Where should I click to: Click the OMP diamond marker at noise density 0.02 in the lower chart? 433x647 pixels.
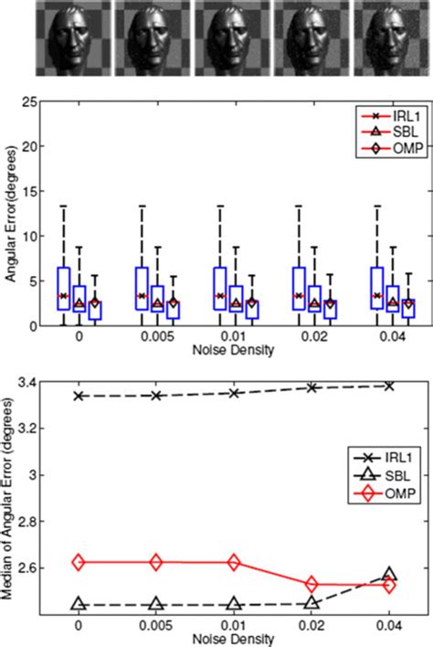[x=312, y=584]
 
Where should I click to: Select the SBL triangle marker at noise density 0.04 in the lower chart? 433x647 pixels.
[x=389, y=574]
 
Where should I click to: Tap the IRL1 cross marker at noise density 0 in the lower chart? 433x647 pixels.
[x=79, y=396]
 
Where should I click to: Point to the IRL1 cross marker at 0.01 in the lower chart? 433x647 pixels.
[x=234, y=393]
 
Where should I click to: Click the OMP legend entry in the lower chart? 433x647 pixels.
[x=384, y=493]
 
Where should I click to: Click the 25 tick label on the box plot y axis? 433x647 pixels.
[x=29, y=102]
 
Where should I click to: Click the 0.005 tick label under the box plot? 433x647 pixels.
[x=157, y=337]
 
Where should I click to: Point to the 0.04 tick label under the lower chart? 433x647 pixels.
[x=389, y=626]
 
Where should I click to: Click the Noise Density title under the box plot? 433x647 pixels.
[x=234, y=350]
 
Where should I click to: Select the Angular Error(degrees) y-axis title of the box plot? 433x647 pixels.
[x=10, y=214]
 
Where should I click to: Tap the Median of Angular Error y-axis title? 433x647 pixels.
[x=7, y=499]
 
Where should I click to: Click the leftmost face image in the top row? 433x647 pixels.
[x=73, y=38]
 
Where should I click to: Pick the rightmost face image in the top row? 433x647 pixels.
[x=392, y=38]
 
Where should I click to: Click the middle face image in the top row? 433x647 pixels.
[x=233, y=38]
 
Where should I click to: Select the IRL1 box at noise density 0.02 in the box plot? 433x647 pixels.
[x=299, y=289]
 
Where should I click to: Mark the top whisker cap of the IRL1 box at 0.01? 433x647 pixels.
[x=220, y=206]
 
